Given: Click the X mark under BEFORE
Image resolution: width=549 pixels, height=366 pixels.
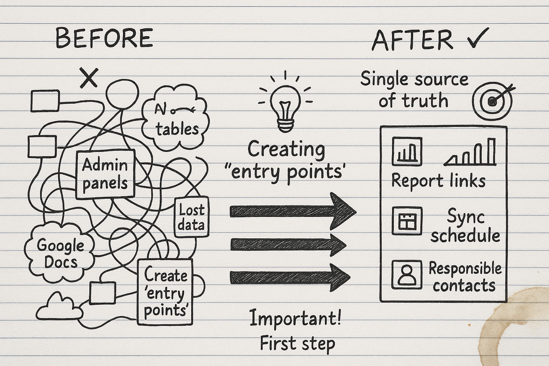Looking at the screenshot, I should coord(89,77).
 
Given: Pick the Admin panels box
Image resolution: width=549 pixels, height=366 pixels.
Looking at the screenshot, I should coord(105,174).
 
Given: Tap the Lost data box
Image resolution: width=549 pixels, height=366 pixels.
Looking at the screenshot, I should coord(192,217).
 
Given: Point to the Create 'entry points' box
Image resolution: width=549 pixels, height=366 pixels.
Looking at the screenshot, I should coord(166,292).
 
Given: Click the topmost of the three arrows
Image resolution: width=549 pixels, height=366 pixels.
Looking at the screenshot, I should coord(293,211).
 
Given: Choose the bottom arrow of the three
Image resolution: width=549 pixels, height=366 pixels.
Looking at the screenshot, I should coord(291,277).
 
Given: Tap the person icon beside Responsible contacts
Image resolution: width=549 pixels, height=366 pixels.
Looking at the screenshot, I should coord(407,274).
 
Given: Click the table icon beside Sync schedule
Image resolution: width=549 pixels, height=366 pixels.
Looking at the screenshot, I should coord(407,221).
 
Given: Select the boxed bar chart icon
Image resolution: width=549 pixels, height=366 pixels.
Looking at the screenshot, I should coord(407,152).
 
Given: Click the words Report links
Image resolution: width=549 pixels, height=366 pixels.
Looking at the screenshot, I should coord(438,180).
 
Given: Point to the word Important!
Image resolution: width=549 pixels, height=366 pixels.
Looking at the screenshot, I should coord(295,319).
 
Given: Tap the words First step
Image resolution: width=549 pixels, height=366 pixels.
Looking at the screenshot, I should coord(297,343).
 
